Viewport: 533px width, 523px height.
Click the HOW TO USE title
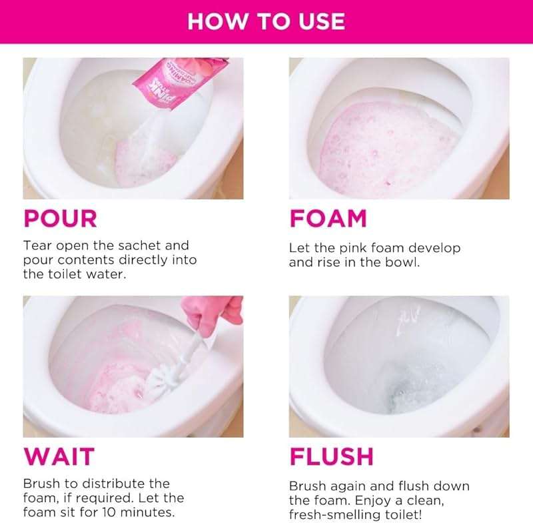(266, 21)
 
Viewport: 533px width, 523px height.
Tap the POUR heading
(61, 218)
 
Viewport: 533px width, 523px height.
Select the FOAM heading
(328, 218)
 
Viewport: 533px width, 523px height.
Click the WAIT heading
(59, 456)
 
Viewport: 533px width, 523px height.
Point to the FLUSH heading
(331, 456)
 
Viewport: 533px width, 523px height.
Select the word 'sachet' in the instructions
(167, 245)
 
